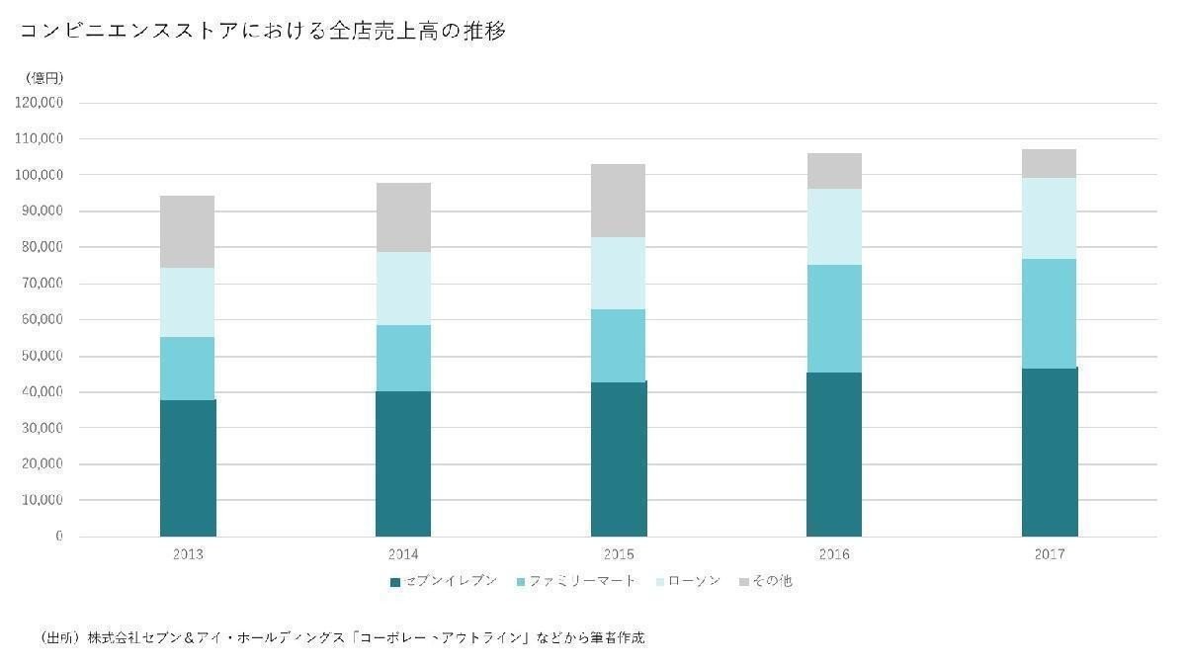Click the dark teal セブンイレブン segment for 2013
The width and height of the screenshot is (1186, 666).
[x=188, y=467]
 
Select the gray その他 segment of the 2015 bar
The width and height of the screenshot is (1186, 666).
[x=619, y=201]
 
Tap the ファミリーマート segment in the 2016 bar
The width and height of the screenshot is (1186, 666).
[x=834, y=318]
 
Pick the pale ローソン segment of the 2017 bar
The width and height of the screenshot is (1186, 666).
[x=1050, y=218]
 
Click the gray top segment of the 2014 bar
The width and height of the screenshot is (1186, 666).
[x=403, y=217]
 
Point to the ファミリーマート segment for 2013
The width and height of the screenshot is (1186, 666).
[x=188, y=368]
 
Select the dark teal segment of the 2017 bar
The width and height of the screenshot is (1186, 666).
[x=1050, y=452]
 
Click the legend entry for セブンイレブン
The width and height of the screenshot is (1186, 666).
[x=444, y=581]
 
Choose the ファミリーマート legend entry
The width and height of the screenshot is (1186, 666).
[x=576, y=581]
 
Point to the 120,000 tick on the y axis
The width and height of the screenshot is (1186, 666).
[x=41, y=103]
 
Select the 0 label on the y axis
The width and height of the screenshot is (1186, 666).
[x=59, y=537]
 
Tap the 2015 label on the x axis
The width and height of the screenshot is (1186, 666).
[x=619, y=554]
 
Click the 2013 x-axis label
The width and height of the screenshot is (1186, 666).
[x=188, y=554]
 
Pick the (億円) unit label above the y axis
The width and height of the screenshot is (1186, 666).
[x=44, y=77]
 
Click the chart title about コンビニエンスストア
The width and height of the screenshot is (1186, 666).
[x=263, y=32]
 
